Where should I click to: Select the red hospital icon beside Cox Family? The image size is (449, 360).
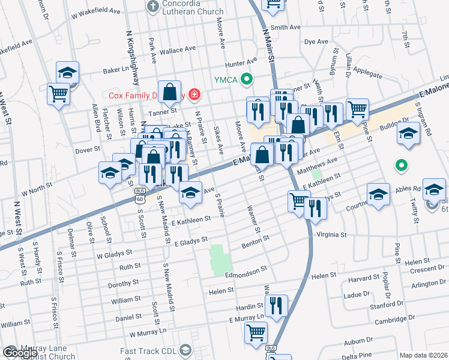(x=194, y=95)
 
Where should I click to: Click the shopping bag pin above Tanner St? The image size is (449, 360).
(x=170, y=92)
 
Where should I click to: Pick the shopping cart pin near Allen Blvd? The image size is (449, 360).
(x=59, y=94)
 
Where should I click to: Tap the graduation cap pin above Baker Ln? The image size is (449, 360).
(x=68, y=73)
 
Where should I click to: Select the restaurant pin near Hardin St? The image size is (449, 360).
(x=276, y=305)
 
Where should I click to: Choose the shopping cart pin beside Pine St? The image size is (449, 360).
(x=357, y=109)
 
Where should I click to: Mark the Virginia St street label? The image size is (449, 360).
(x=327, y=235)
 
